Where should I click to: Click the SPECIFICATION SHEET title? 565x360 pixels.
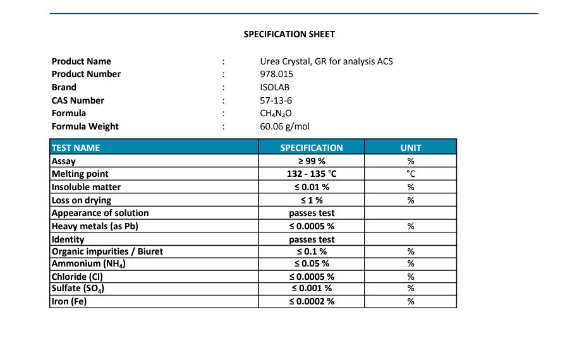(289, 34)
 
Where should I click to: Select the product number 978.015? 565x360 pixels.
(277, 74)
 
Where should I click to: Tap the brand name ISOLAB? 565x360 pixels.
(275, 87)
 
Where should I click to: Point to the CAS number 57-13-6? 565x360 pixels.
(276, 100)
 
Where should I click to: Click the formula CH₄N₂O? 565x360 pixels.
(276, 114)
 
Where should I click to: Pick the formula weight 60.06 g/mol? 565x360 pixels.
(285, 126)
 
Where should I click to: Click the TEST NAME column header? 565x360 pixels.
(76, 148)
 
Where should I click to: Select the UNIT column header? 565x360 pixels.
(411, 148)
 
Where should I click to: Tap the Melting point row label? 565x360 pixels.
(80, 174)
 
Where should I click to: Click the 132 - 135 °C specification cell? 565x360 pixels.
(312, 174)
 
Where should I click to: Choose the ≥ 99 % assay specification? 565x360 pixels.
(312, 161)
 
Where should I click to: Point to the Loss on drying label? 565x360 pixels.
(82, 200)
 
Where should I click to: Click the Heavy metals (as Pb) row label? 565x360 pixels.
(95, 226)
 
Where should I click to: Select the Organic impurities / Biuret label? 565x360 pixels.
(107, 251)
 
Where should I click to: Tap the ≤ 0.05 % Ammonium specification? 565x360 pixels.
(312, 263)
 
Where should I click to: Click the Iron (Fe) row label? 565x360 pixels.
(70, 301)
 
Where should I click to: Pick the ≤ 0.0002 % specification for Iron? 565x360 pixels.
(312, 301)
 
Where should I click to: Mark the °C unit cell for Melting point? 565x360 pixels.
(411, 174)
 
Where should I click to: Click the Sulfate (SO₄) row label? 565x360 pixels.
(78, 289)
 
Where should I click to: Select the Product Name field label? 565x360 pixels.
(82, 61)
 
